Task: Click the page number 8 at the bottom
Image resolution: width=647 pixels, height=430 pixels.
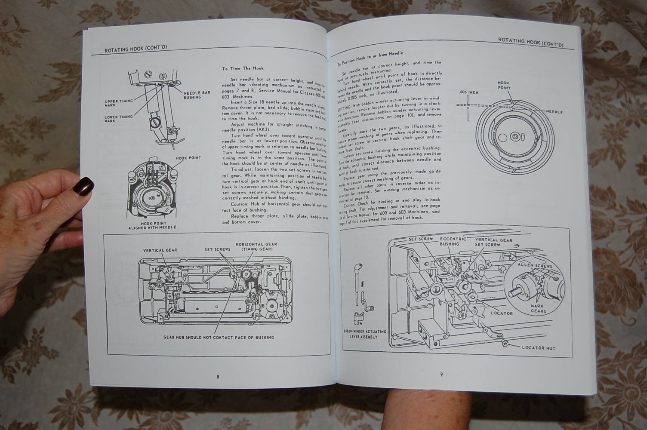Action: [x=218, y=377]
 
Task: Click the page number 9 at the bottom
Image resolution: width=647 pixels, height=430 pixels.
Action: [x=441, y=374]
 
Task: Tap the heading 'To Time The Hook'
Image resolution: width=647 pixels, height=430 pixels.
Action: [x=243, y=68]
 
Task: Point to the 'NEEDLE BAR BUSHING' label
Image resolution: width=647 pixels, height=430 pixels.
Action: [x=197, y=95]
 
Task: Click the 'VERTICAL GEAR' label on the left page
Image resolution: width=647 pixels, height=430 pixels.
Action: [x=160, y=250]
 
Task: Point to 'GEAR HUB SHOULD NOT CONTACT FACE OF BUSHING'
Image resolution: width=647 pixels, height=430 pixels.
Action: [x=219, y=338]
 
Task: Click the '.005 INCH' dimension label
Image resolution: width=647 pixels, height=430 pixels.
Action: [x=468, y=92]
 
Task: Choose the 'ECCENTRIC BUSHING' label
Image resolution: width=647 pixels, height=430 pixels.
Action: [x=450, y=241]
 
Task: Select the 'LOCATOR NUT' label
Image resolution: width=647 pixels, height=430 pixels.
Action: [x=538, y=347]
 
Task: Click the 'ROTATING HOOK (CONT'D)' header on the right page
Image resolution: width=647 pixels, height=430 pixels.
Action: [x=530, y=41]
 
